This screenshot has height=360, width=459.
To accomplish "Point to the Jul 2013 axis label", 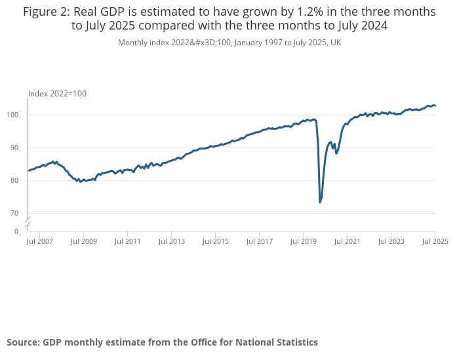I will point(171,241).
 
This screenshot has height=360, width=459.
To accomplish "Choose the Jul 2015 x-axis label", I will point(215,241).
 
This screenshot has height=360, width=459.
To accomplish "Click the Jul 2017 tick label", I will point(259,241).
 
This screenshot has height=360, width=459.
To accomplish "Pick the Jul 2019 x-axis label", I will point(303,241).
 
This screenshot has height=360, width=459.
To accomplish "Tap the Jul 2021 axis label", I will point(347,241).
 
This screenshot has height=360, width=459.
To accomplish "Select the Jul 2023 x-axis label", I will point(391,241).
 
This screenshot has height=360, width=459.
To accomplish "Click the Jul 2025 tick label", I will point(435,241).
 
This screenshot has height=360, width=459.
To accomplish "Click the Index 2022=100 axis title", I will point(57,94).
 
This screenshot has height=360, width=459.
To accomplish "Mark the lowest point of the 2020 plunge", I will point(320,202).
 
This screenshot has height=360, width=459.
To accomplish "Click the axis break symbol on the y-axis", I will point(28,222).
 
